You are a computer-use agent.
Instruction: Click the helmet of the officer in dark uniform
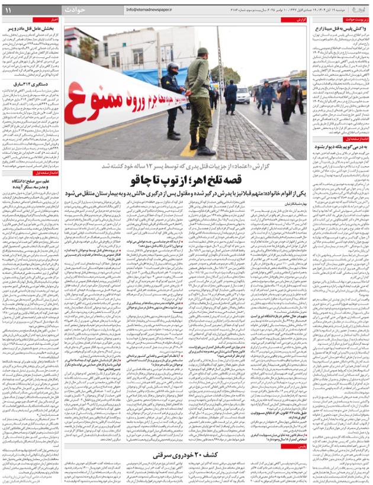coord(172,70)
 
